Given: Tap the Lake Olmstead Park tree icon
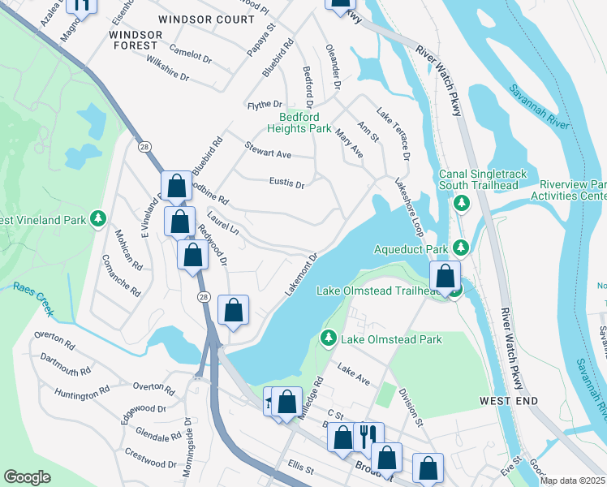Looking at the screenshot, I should pyautogui.click(x=329, y=338).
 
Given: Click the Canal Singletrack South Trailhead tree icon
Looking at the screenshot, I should pyautogui.click(x=462, y=202).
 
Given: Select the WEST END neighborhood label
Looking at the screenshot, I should pyautogui.click(x=506, y=401).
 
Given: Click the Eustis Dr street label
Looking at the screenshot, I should pyautogui.click(x=286, y=183).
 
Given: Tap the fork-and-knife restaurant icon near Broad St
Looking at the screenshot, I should pyautogui.click(x=367, y=433).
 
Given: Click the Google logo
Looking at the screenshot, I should pyautogui.click(x=28, y=476).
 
